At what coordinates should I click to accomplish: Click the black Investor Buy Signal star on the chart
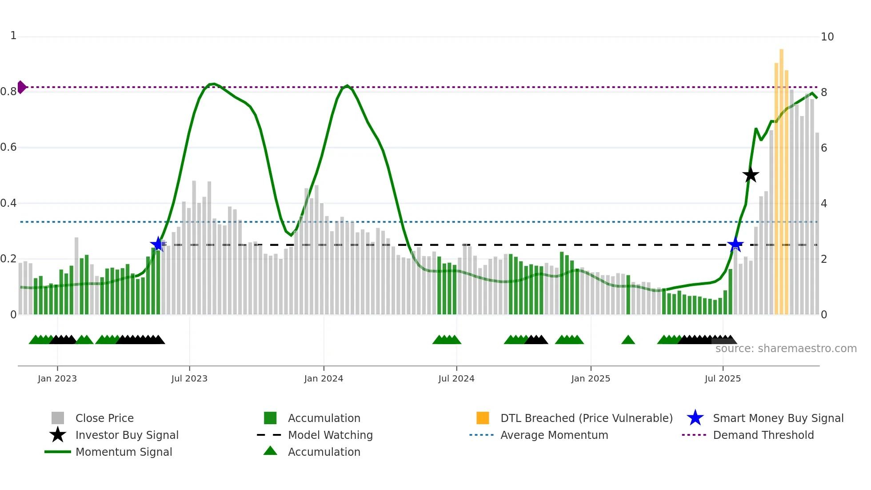751,175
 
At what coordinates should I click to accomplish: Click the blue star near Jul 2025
735,245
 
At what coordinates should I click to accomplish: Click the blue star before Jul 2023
158,244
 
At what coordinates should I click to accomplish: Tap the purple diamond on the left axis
21,87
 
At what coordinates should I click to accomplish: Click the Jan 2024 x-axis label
324,378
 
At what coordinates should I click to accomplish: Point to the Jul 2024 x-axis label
456,378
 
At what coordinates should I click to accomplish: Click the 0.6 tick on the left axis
9,147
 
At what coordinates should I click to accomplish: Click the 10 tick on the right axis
827,37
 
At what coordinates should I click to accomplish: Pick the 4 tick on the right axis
824,204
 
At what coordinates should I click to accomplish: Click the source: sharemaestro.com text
786,349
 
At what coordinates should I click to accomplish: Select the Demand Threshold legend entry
763,435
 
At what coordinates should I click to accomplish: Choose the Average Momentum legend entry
554,435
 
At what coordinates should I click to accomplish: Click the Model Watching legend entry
330,435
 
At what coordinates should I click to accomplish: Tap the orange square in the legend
483,418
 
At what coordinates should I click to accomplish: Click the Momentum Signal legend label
124,452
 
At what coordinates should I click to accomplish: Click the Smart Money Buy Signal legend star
695,418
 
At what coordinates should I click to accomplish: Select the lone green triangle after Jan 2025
628,340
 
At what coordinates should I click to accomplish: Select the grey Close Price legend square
58,418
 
